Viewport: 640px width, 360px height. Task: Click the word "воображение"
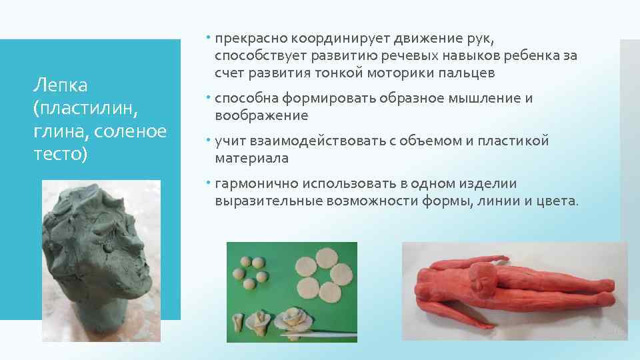261,116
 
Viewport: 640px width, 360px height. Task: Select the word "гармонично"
257,183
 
